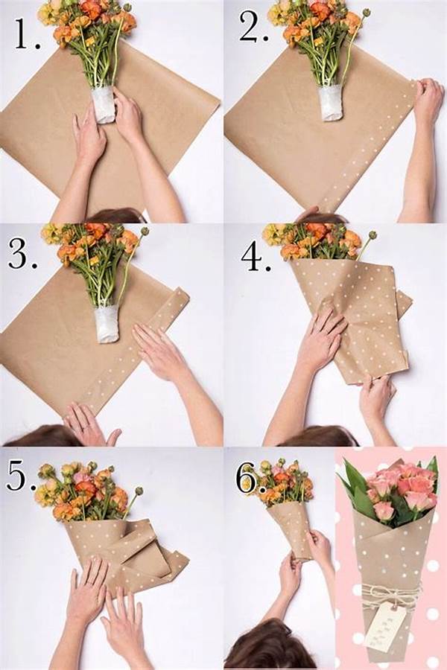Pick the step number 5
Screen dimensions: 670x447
[21, 476]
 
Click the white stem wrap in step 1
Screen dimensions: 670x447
[104, 104]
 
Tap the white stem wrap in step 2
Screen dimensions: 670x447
[331, 102]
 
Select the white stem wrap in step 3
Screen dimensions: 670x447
[107, 323]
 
